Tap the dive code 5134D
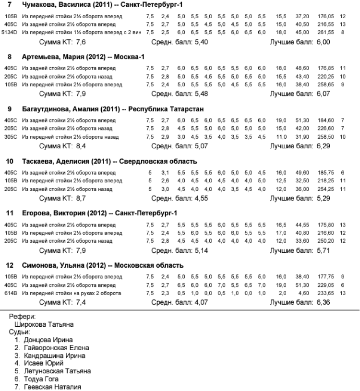(x=9, y=32)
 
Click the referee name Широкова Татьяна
(x=44, y=325)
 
